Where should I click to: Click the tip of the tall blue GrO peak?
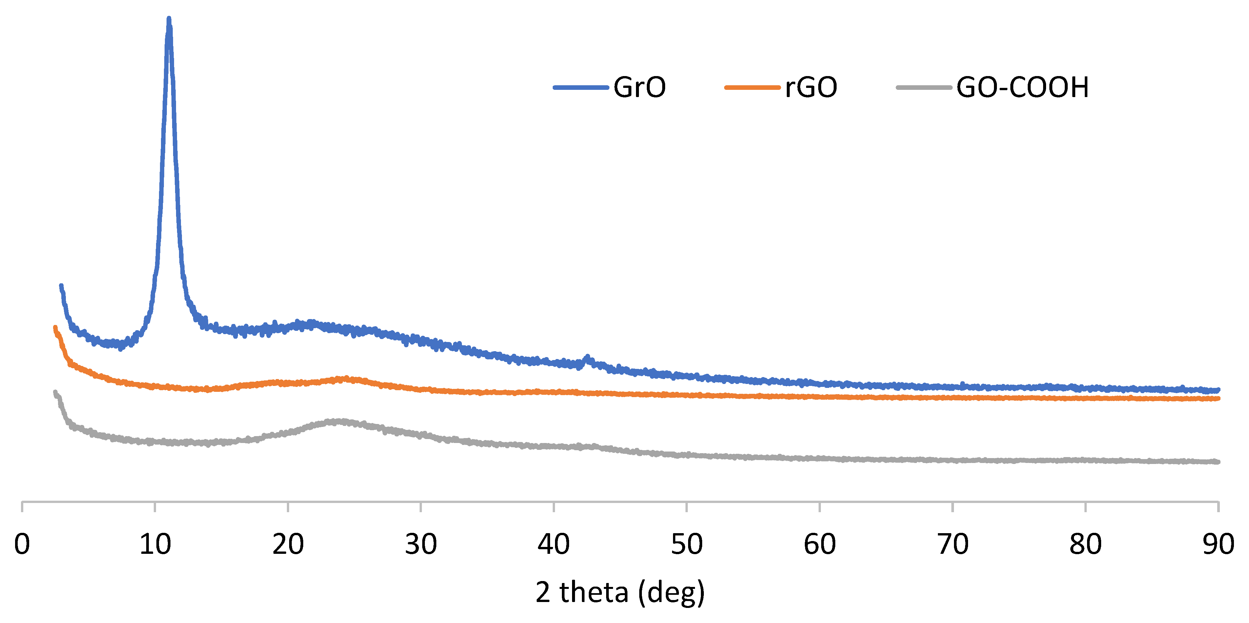pos(169,19)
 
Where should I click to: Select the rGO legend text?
pos(811,88)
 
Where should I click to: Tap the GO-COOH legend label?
pos(1022,88)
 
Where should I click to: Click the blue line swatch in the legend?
pos(580,88)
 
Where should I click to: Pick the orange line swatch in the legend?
pos(752,88)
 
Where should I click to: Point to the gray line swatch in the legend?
pos(924,88)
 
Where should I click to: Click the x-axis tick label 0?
pos(22,544)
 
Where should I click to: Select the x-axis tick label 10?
pos(155,544)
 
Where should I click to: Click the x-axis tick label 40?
pos(553,544)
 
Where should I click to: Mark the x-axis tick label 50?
pos(686,544)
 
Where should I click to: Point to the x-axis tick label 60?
pos(820,544)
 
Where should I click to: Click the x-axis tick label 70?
pos(952,544)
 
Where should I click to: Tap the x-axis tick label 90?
pos(1218,544)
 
